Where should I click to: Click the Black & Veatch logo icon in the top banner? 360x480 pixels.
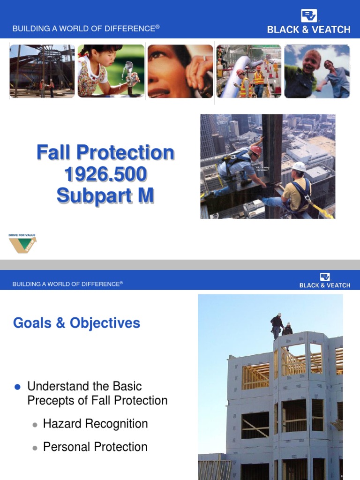pyautogui.click(x=309, y=15)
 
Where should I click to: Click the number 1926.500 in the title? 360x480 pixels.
pyautogui.click(x=105, y=174)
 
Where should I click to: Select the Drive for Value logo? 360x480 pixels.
pyautogui.click(x=22, y=243)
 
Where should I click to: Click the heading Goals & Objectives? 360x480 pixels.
pyautogui.click(x=76, y=323)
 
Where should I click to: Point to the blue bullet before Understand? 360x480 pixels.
pyautogui.click(x=18, y=387)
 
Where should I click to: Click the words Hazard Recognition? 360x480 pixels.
pyautogui.click(x=95, y=424)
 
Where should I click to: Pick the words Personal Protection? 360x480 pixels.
pyautogui.click(x=95, y=447)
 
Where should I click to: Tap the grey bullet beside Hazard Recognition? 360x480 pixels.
pyautogui.click(x=35, y=425)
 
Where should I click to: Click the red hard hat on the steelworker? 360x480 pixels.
pyautogui.click(x=256, y=150)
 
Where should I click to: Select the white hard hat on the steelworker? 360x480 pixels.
pyautogui.click(x=299, y=166)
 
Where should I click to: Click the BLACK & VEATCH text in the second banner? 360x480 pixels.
pyautogui.click(x=325, y=285)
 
